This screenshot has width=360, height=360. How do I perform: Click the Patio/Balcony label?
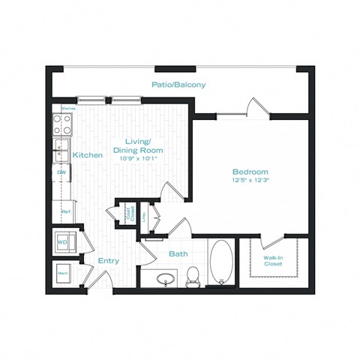pos(178,85)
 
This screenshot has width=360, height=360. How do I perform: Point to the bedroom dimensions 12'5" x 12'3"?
pos(249,180)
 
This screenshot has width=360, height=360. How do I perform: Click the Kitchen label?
pos(87,155)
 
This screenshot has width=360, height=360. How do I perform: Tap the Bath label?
pos(178,253)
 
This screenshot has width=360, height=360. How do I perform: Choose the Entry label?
pos(108,260)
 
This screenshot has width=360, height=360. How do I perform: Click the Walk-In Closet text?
pos(273,260)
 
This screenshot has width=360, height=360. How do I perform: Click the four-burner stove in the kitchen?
pos(60,123)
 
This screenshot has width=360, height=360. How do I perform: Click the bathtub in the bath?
pos(221,262)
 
